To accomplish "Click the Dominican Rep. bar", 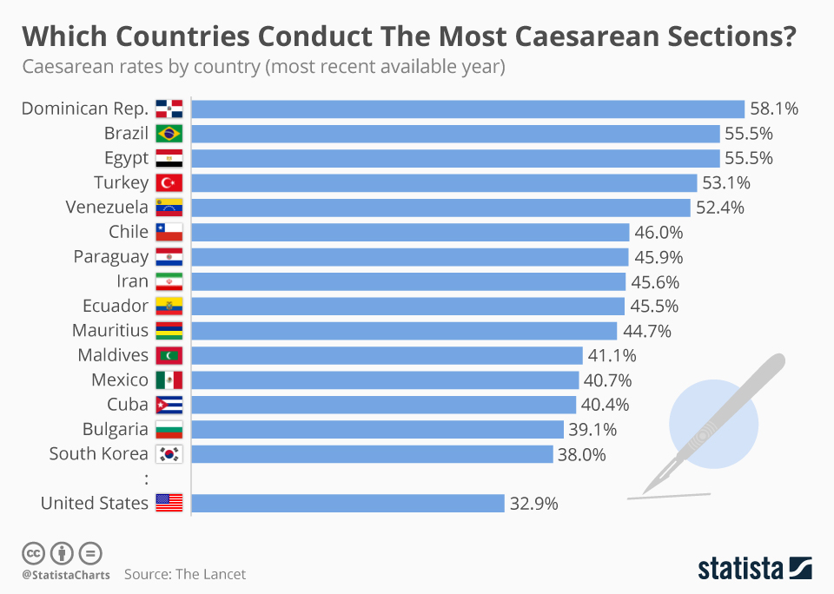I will [x=467, y=109].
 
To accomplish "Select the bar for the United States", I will [x=347, y=503].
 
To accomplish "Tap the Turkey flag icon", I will [x=169, y=182].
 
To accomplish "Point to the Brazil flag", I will [x=169, y=134].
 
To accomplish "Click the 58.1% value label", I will [x=774, y=109].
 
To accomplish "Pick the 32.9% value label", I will [x=533, y=503].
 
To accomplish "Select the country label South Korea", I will [x=98, y=453].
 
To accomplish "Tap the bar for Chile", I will [x=410, y=232].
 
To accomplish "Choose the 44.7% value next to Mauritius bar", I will [x=646, y=330].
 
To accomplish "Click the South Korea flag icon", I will [x=169, y=454].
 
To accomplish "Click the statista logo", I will [x=755, y=569].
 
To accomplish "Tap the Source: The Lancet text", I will [x=185, y=574].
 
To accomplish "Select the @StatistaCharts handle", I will [x=65, y=575].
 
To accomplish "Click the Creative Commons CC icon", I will [x=33, y=552].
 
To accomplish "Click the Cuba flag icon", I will [x=169, y=405].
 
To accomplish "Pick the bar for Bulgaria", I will [x=377, y=429].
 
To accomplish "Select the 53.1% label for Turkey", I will [x=726, y=182].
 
